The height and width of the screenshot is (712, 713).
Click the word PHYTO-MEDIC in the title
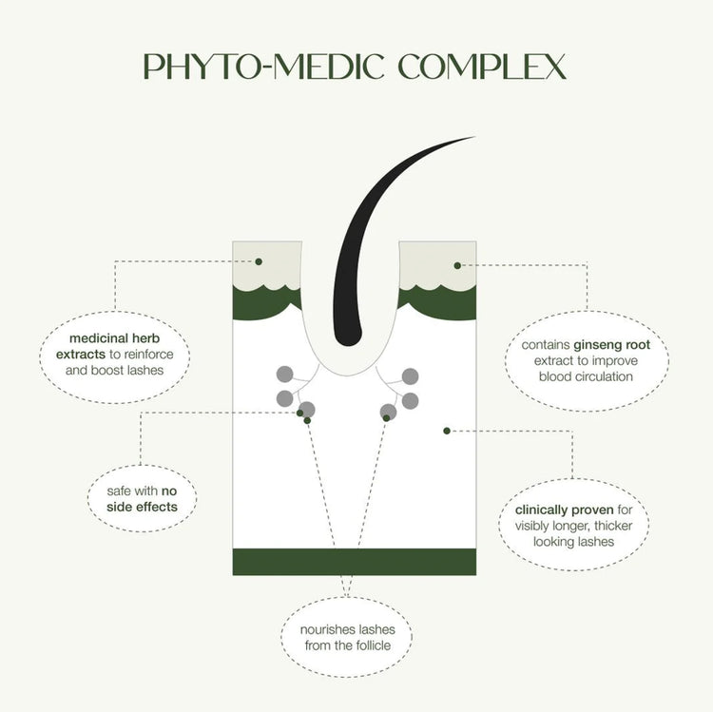(x=264, y=67)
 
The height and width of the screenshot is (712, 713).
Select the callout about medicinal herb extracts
(x=115, y=356)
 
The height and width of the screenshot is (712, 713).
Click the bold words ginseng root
(x=611, y=345)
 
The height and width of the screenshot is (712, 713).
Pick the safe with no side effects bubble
(x=142, y=498)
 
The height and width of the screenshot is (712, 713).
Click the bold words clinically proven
(x=565, y=510)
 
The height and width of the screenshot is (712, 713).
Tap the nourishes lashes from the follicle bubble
(x=346, y=637)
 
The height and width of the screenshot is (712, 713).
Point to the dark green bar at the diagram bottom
(x=355, y=562)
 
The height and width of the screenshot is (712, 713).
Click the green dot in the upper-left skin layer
(x=259, y=261)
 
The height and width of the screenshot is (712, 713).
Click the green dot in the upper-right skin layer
(x=457, y=265)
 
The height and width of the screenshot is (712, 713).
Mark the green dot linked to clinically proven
(x=447, y=431)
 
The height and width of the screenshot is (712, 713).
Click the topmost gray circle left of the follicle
(x=285, y=375)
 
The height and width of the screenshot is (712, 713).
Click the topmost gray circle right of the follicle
(x=410, y=376)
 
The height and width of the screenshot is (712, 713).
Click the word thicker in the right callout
(x=613, y=526)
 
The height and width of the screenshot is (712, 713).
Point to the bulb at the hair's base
(x=348, y=335)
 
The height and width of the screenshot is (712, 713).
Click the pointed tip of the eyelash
(x=475, y=136)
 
